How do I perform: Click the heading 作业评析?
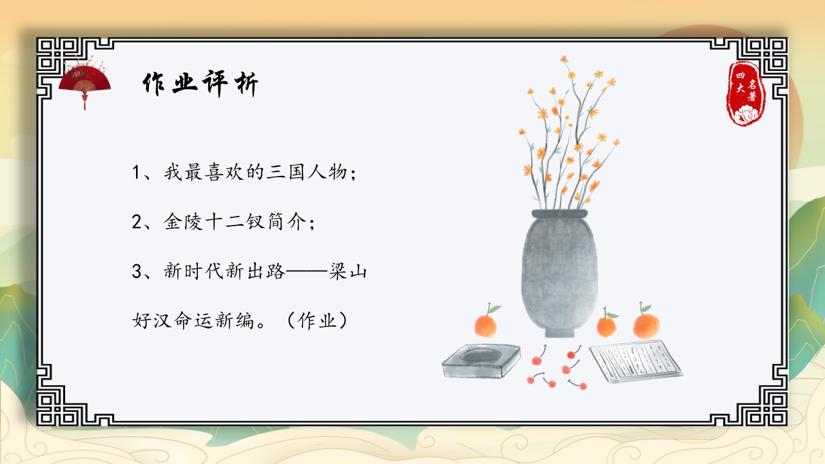(200, 84)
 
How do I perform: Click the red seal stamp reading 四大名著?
(746, 94)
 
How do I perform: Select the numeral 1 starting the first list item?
(136, 173)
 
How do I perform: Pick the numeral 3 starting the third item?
(136, 271)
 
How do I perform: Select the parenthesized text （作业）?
(318, 321)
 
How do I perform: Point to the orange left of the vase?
(486, 324)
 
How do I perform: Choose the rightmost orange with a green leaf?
(646, 324)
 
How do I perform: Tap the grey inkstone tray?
(481, 361)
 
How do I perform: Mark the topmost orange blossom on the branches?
(565, 60)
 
